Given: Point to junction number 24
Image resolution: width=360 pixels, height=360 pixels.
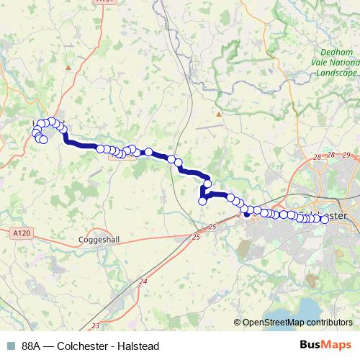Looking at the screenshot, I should (143, 281).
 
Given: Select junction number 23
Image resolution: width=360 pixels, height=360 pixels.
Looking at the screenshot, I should (96, 326).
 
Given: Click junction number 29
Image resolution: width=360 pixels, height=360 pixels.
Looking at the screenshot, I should (346, 155).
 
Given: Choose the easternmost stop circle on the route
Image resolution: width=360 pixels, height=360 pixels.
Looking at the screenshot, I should (324, 220).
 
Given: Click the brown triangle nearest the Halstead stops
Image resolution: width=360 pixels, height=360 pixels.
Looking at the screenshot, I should (68, 67).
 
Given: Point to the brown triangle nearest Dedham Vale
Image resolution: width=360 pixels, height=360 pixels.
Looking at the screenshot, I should (218, 114).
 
